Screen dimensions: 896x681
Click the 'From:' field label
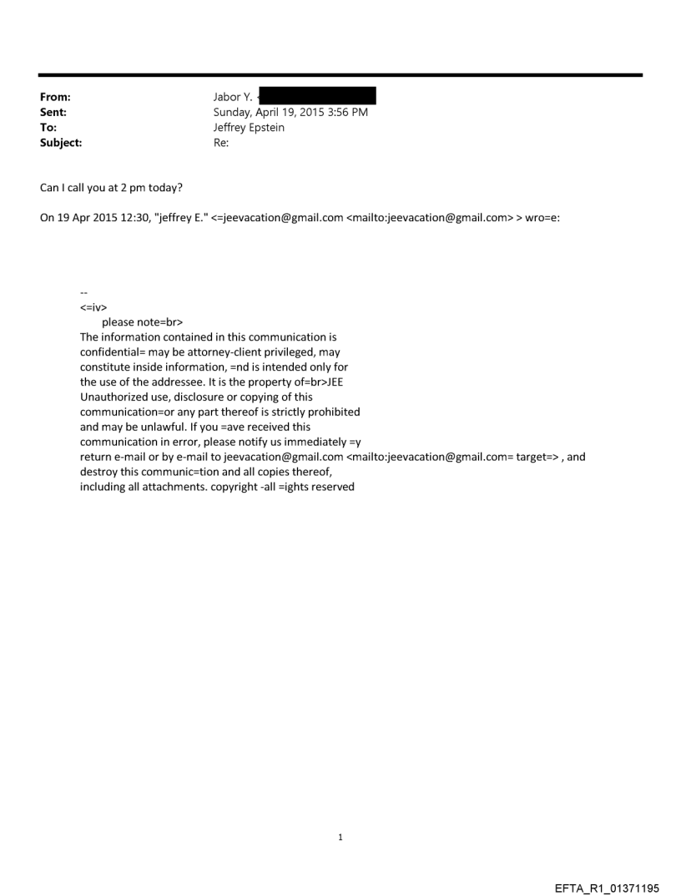coord(54,97)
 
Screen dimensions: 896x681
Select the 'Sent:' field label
coord(53,113)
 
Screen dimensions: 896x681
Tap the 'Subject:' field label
coord(59,143)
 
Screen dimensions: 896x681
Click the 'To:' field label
coord(48,128)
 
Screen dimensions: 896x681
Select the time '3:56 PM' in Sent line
coord(346,113)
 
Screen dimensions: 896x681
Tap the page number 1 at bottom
coord(340,837)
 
